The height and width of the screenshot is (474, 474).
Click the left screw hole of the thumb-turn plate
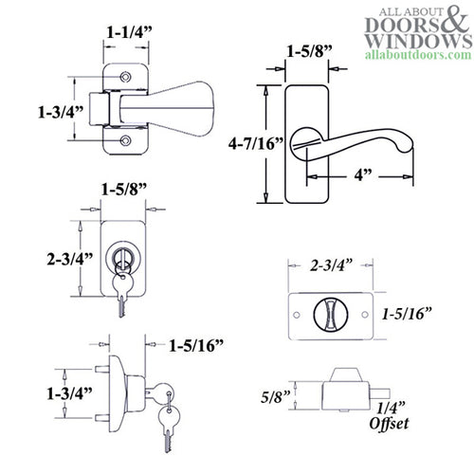pyautogui.click(x=302, y=315)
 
